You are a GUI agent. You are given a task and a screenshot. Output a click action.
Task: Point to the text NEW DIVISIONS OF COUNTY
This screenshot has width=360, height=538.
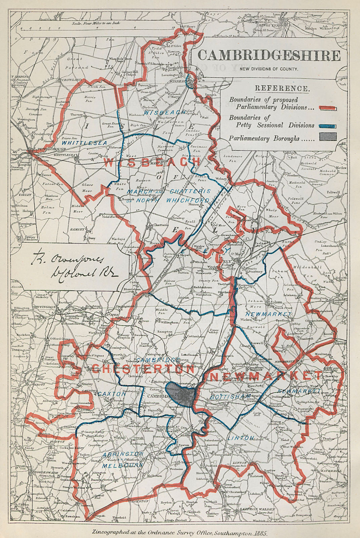(x=268, y=69)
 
